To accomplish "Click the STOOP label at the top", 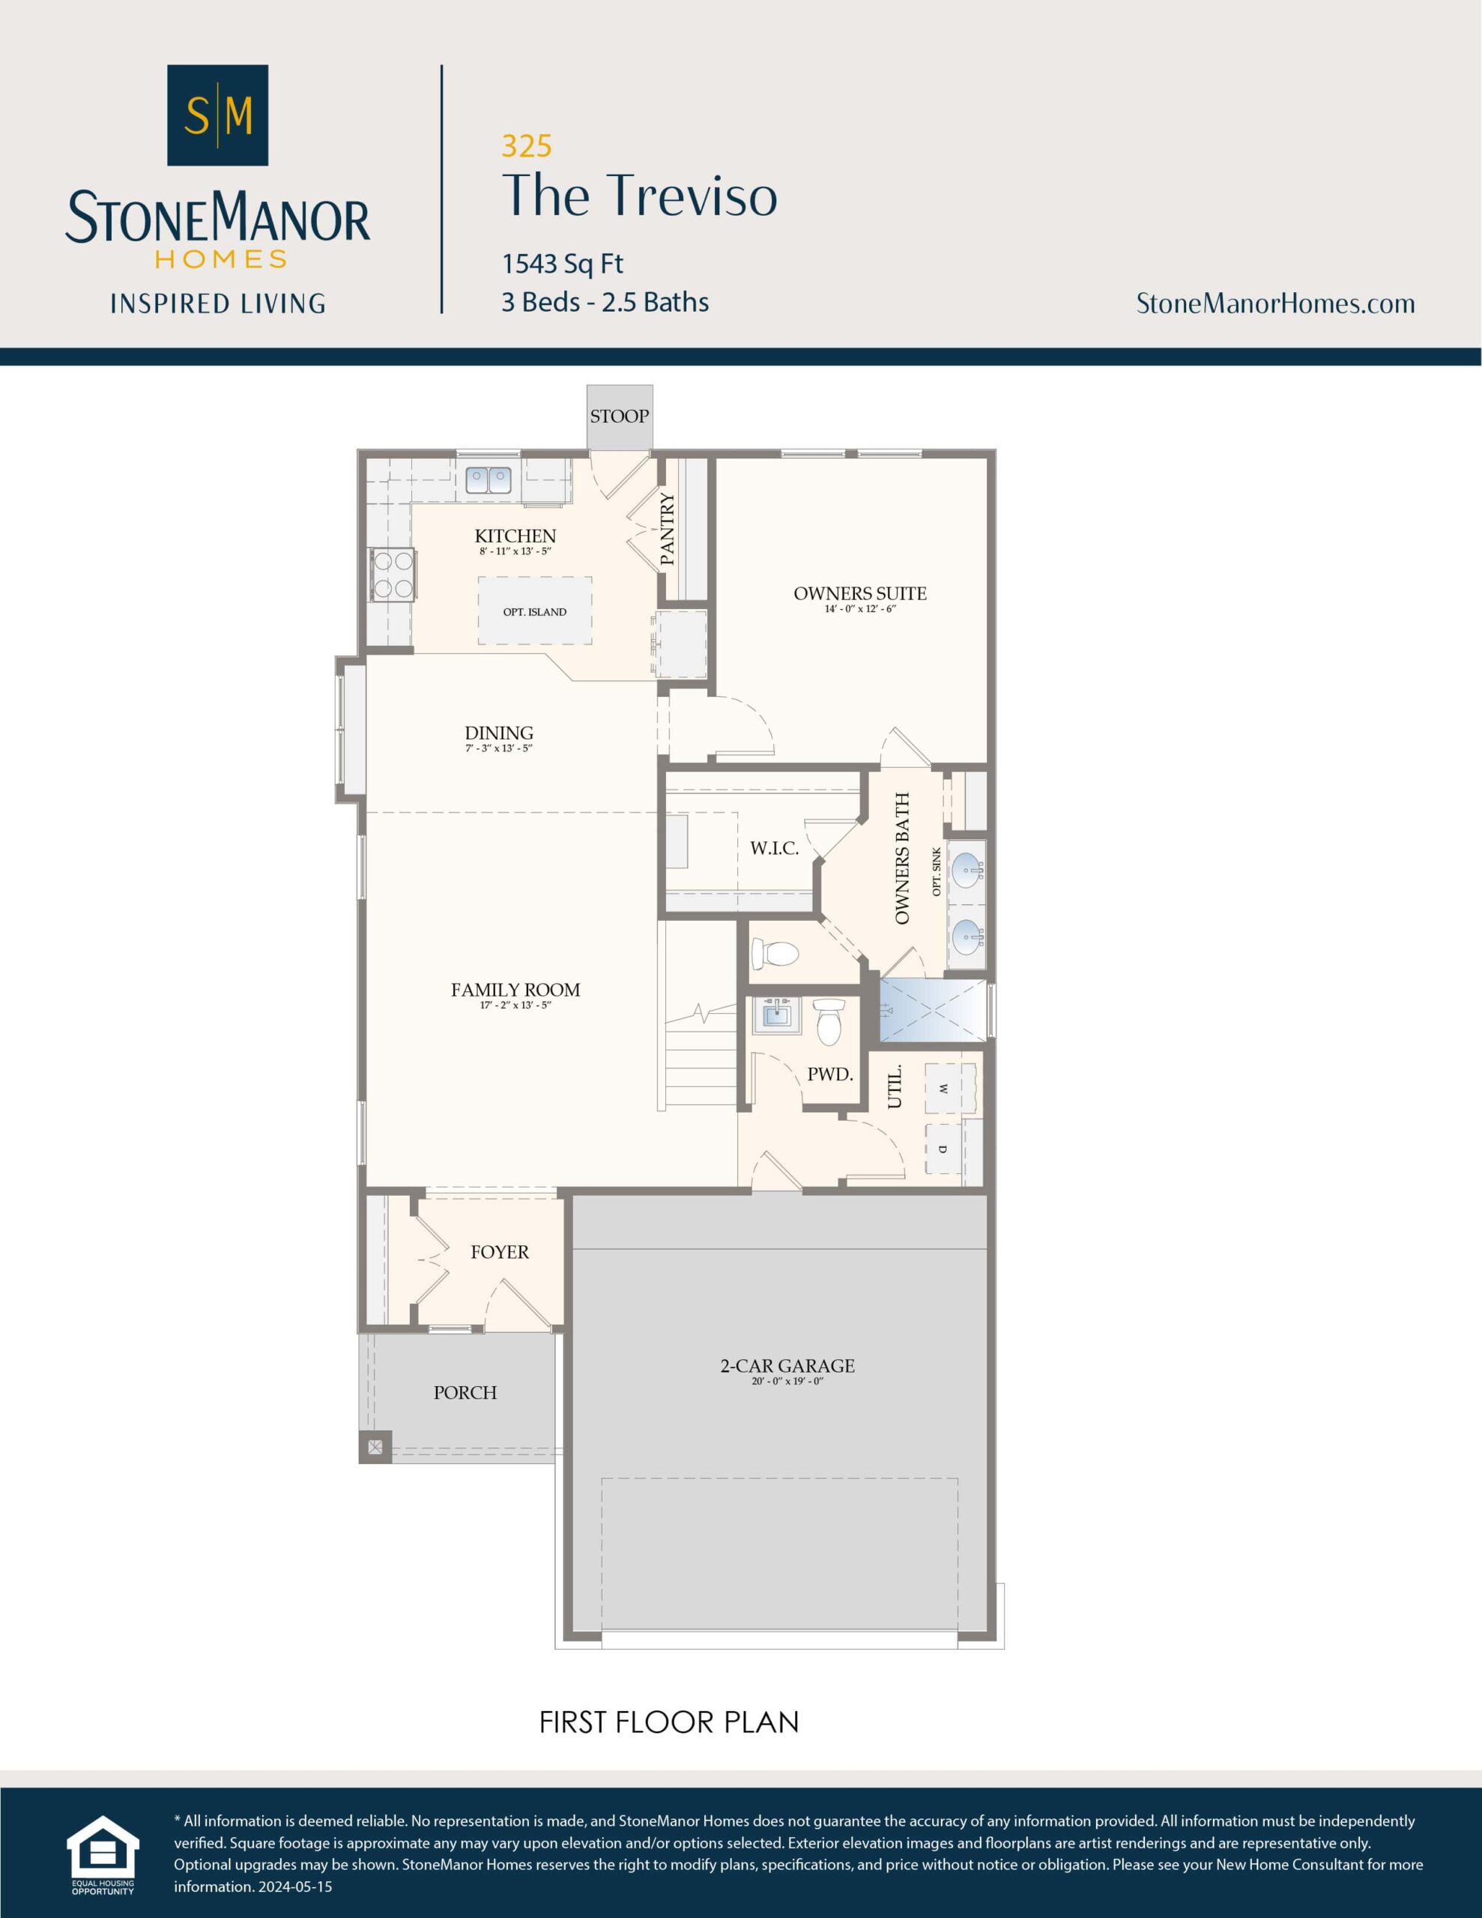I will [620, 417].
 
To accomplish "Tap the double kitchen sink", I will [489, 480].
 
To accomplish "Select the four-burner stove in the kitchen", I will [393, 575].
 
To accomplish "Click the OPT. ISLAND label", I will [534, 612].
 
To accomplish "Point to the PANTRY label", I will [668, 529].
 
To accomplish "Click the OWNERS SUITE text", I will [859, 593].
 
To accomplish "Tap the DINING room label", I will [498, 733].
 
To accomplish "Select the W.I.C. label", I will [774, 848].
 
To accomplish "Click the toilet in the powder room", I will [829, 1022].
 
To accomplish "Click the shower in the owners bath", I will [933, 1009].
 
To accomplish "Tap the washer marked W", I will [943, 1089].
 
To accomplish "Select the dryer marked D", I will [943, 1149].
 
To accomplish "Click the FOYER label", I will [499, 1253].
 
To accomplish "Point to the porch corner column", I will [375, 1447].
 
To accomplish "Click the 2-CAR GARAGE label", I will [787, 1366].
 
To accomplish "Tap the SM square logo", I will [218, 115].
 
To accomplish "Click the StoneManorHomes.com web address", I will [1274, 304].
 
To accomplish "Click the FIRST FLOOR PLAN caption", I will [668, 1723].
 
